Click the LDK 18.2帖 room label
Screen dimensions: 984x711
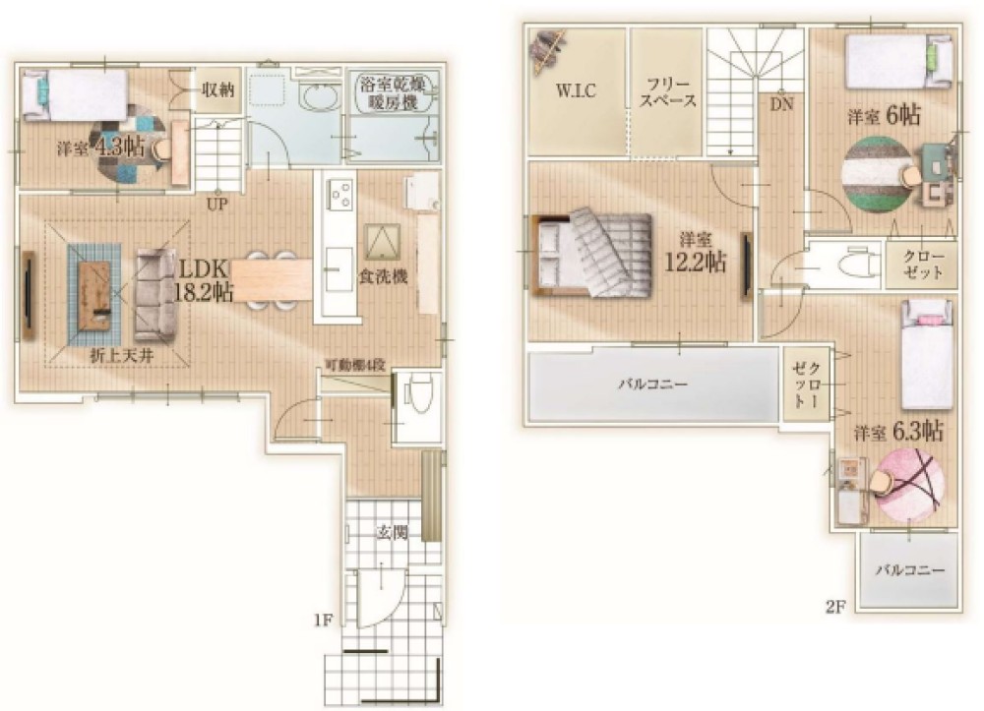203,280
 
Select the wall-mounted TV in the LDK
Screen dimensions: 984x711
29,296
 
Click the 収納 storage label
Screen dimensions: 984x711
218,89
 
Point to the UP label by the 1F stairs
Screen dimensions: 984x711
217,205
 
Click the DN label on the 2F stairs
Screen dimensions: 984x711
782,104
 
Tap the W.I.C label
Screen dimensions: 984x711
576,90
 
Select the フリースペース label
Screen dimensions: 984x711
668,92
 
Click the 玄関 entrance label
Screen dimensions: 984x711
393,533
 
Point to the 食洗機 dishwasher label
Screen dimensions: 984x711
383,276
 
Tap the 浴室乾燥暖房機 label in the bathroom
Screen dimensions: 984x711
395,92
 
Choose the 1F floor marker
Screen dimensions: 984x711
323,621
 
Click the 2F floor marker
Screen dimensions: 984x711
834,607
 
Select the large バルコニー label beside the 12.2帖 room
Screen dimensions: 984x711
652,384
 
